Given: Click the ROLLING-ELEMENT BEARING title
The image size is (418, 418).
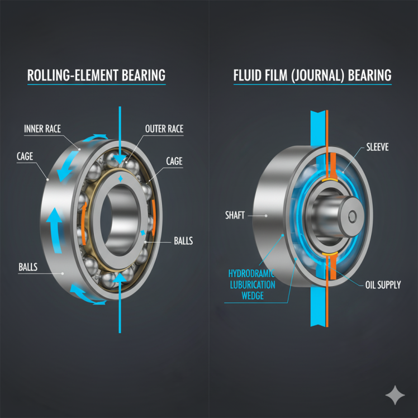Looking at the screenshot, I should pyautogui.click(x=96, y=75).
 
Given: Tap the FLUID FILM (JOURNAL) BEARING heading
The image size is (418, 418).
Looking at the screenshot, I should pyautogui.click(x=312, y=75).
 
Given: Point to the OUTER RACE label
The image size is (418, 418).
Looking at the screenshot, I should pyautogui.click(x=164, y=129).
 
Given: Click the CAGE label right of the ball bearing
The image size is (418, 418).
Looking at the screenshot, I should pyautogui.click(x=174, y=161).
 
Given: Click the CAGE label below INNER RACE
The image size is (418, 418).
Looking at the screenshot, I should pyautogui.click(x=25, y=158).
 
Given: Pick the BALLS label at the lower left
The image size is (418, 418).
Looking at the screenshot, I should pyautogui.click(x=27, y=267).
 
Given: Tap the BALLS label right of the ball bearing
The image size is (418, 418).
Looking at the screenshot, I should pyautogui.click(x=183, y=241).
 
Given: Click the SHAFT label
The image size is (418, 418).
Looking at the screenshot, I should pyautogui.click(x=235, y=215).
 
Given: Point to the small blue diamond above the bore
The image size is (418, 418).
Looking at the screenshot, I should pyautogui.click(x=121, y=179).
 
